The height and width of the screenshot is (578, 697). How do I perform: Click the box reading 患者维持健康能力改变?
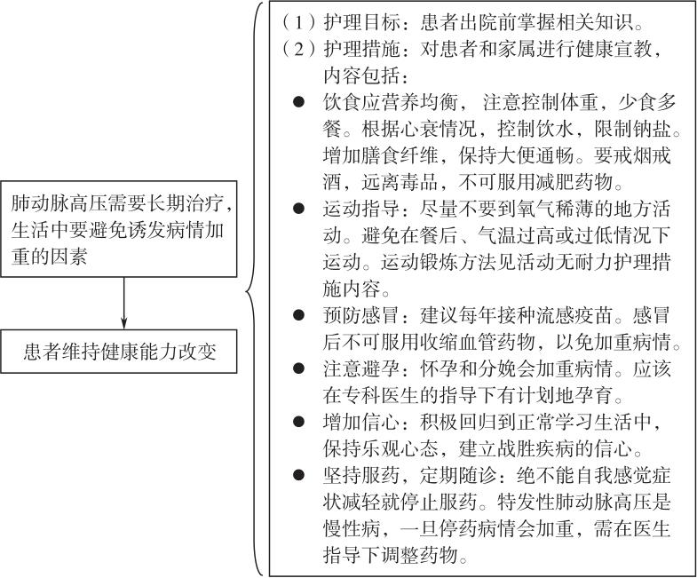point(119,352)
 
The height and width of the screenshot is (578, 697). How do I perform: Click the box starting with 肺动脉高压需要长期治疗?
point(119,229)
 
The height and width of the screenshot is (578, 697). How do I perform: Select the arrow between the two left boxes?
point(123,304)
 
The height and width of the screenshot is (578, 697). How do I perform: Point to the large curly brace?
point(254,289)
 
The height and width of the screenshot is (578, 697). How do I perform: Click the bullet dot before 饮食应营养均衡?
point(298,102)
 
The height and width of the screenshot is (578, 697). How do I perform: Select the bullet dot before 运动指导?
point(298,209)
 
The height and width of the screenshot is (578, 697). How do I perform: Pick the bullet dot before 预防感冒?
point(298,315)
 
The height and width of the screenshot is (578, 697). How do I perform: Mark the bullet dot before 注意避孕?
point(298,368)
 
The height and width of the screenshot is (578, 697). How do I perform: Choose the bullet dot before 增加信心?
point(298,422)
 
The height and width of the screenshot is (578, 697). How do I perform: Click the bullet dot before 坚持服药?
point(298,475)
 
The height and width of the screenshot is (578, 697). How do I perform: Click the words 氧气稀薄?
point(555,209)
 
